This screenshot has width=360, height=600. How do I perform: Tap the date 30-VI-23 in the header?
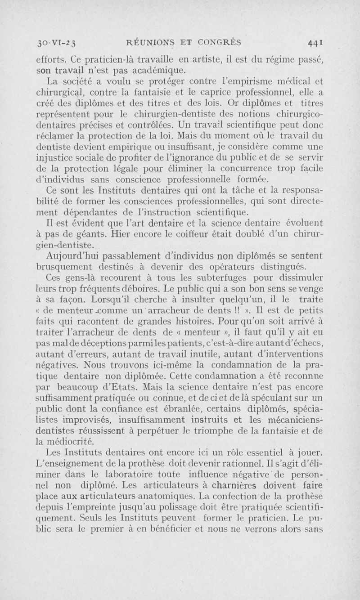[58, 44]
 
